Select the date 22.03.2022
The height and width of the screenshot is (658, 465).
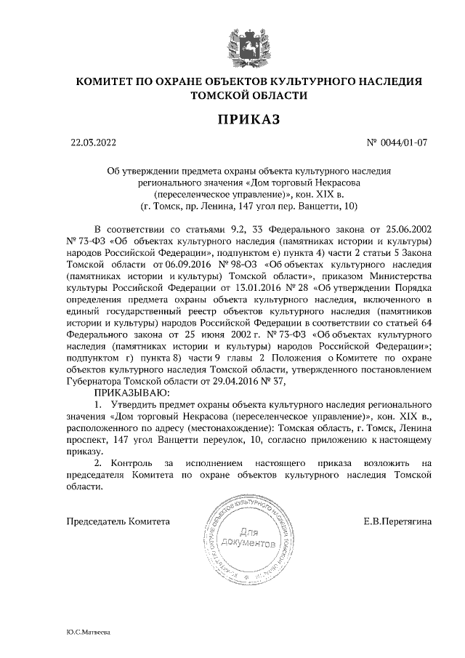[x=93, y=143]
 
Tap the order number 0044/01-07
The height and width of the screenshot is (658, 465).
[x=402, y=143]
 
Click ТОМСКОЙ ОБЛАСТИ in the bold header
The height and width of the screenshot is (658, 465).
[x=248, y=95]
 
